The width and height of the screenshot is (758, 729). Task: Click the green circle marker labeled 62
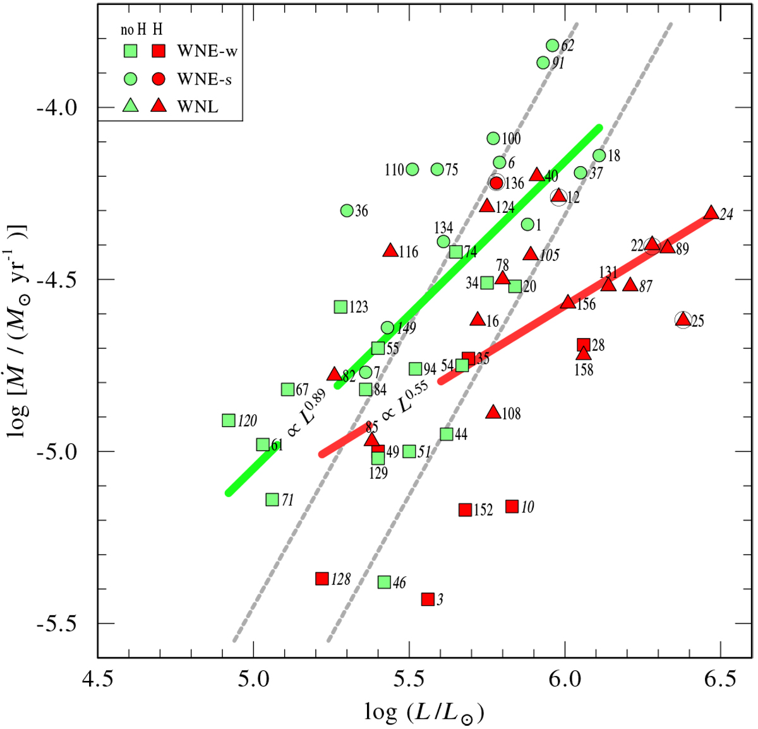point(553,45)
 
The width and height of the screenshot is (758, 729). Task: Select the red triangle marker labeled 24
point(711,213)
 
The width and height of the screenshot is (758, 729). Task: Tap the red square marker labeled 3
point(428,599)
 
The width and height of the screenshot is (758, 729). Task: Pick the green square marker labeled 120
point(229,421)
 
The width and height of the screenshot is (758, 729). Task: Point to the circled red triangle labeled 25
point(682,320)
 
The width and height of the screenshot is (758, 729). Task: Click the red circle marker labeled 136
point(496,183)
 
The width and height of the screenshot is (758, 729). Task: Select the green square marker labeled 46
point(384,582)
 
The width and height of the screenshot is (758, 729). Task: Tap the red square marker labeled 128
point(322,579)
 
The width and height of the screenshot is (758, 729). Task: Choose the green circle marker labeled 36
point(347,210)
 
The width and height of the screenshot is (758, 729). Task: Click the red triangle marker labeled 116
point(390,251)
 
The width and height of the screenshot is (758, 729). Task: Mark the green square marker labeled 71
point(272,500)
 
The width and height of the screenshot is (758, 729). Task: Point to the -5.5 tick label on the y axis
point(57,624)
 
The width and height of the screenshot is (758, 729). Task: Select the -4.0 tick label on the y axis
point(57,107)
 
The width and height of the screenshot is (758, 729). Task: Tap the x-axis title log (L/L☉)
point(424,712)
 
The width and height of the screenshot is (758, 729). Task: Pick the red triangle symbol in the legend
point(159,106)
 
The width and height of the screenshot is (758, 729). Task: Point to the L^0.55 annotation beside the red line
point(404,399)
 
